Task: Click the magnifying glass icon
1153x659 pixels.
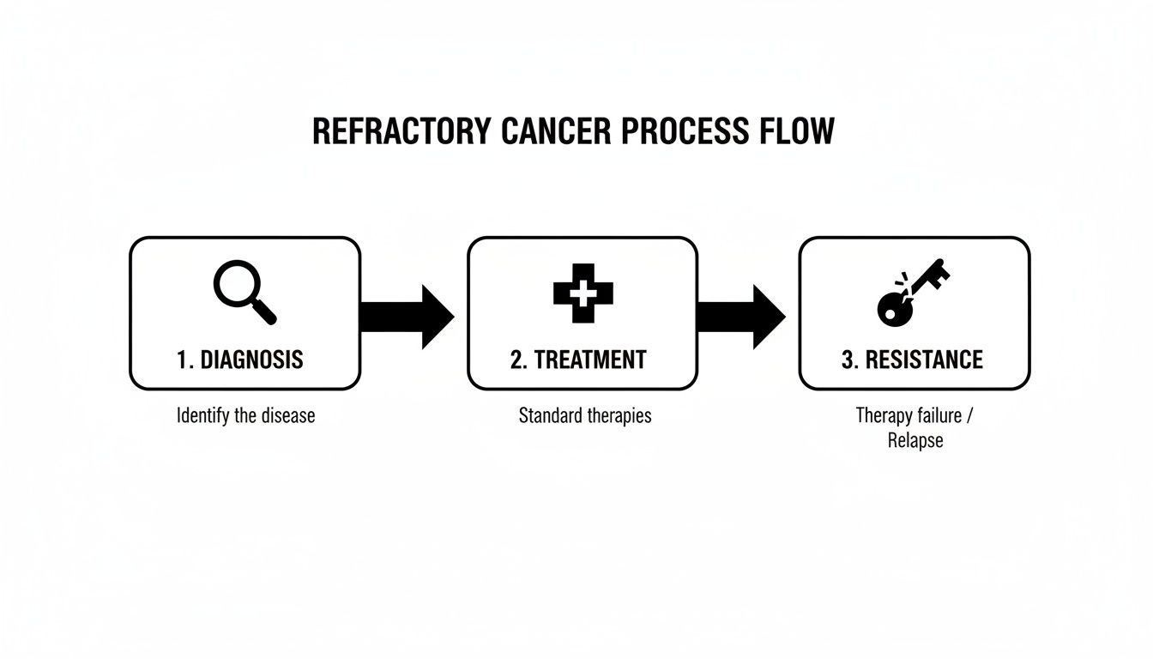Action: point(244,293)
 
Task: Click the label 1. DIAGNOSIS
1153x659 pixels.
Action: point(240,360)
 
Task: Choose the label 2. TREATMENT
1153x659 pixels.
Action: point(578,360)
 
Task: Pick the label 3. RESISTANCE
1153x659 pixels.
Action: point(912,360)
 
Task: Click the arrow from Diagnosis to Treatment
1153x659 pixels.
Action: point(407,317)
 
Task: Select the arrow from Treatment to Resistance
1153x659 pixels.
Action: point(740,317)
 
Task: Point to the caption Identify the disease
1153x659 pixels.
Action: point(245,416)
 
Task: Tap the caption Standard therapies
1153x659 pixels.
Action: point(585,416)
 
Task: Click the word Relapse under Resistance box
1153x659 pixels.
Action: point(915,441)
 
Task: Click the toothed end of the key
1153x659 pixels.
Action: point(937,271)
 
